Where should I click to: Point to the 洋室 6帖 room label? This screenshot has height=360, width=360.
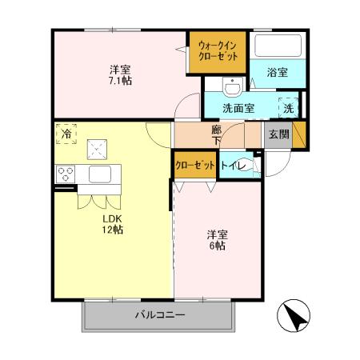click(218, 240)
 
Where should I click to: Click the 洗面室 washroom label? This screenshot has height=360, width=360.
click(238, 108)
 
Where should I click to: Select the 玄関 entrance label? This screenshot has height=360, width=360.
click(278, 134)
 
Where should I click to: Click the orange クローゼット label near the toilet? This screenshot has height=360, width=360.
click(195, 165)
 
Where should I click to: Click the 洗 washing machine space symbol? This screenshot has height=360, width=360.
click(288, 107)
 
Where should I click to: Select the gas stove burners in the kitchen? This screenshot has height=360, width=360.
click(66, 174)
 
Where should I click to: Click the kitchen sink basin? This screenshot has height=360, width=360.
click(99, 174)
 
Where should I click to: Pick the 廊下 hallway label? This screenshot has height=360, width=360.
click(216, 134)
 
